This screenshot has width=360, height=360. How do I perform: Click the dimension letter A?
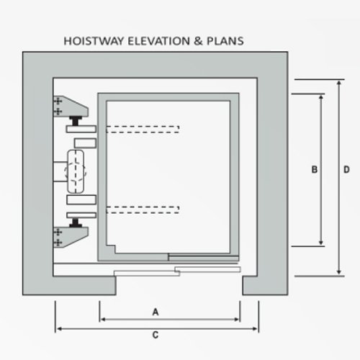click(156, 312)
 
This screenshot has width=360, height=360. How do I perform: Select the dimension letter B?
click(315, 169)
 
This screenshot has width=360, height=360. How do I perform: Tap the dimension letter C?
click(156, 335)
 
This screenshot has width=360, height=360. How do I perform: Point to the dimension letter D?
click(346, 169)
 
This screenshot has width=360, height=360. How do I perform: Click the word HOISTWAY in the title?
click(94, 41)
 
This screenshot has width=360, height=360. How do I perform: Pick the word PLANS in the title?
click(225, 41)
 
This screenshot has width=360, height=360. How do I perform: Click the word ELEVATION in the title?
click(158, 41)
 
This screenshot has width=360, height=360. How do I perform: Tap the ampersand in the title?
click(198, 41)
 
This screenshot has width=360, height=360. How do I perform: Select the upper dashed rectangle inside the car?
click(143, 129)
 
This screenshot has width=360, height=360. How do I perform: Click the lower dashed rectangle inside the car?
click(143, 210)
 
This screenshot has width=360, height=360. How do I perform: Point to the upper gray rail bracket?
click(70, 107)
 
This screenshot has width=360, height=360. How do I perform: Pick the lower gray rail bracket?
click(70, 237)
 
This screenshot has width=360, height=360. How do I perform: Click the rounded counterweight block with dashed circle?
click(76, 171)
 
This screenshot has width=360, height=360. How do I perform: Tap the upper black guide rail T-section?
click(76, 121)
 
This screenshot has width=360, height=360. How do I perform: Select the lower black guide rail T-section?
click(76, 222)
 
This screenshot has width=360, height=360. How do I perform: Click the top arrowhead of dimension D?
click(339, 82)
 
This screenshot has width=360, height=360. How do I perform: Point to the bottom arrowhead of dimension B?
click(321, 243)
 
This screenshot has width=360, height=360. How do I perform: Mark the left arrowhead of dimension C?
click(59, 328)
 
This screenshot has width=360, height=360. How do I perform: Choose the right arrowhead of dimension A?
click(236, 320)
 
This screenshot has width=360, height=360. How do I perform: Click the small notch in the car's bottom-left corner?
click(111, 249)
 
